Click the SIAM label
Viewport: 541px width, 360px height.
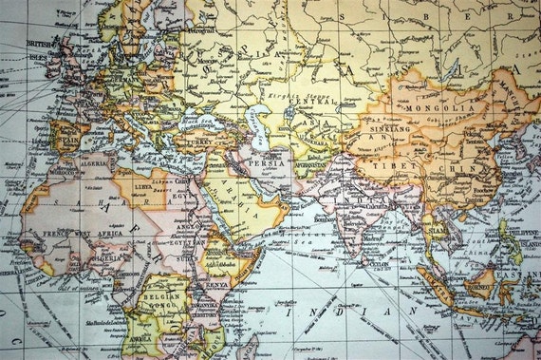pyautogui.click(x=434, y=231)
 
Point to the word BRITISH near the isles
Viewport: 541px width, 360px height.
pyautogui.click(x=40, y=43)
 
